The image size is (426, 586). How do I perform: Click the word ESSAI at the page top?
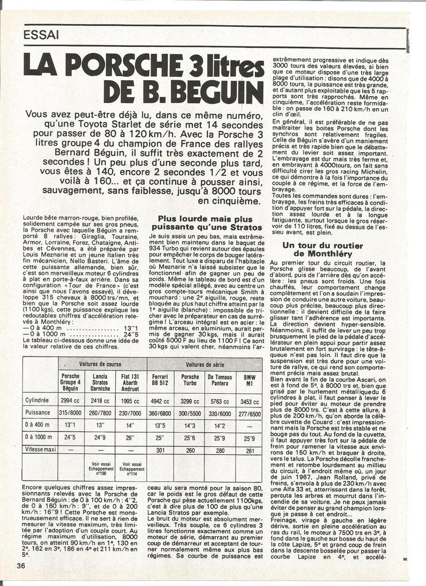41,35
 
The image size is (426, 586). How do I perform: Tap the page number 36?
21,566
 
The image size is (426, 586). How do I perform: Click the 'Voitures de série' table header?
204,364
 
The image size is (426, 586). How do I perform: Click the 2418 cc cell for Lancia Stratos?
100,401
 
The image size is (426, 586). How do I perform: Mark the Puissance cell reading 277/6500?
250,413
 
